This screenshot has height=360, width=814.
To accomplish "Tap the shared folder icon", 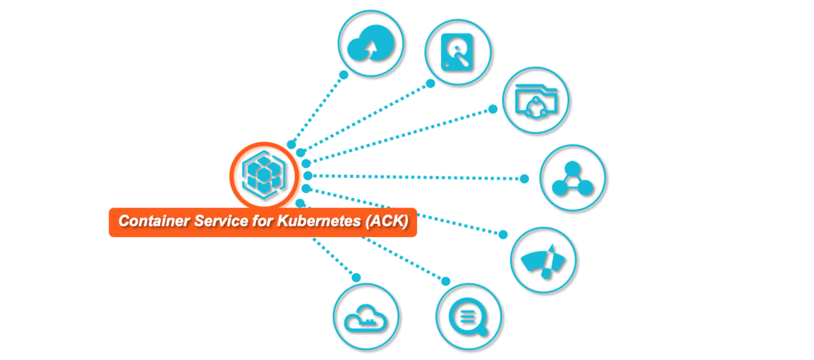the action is [536, 100].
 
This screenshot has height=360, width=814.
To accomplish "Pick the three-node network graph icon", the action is [573, 178].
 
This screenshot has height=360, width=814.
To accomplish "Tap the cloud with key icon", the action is [366, 316].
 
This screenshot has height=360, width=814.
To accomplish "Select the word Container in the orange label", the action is [147, 221].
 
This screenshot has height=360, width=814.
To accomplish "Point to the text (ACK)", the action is [387, 221].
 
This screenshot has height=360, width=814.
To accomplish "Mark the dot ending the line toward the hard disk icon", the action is [430, 84].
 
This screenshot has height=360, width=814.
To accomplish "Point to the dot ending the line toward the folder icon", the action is [493, 109].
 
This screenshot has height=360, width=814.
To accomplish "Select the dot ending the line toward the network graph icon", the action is [524, 179].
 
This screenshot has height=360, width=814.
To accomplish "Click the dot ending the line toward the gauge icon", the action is [503, 235].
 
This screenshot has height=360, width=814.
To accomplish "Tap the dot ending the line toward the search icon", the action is [446, 281].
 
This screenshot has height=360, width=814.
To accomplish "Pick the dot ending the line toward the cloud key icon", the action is [356, 277].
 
